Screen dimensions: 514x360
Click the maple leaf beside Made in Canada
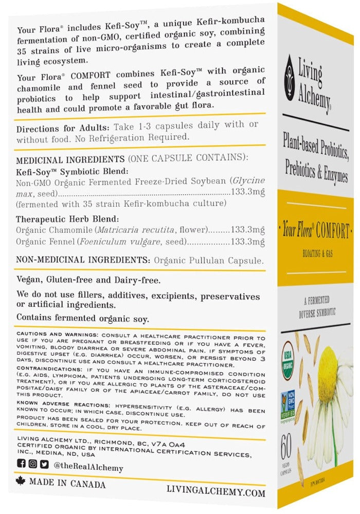pos(21,483)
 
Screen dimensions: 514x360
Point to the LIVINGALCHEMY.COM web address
pos(216,492)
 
